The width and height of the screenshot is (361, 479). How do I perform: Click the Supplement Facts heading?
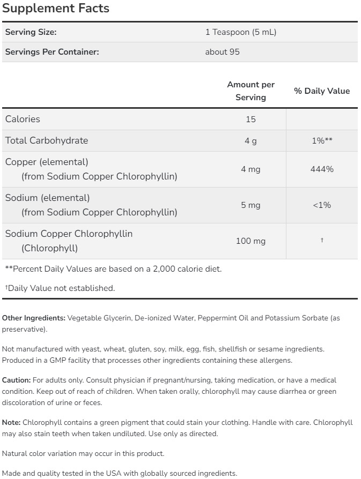coord(55,9)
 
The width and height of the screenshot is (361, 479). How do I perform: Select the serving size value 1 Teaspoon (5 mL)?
coord(240,32)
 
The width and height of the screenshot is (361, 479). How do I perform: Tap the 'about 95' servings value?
coord(222,52)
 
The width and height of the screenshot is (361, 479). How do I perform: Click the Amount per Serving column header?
coord(251,91)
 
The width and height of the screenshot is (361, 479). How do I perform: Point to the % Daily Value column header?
coord(322,91)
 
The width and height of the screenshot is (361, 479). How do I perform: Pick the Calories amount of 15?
coord(251,119)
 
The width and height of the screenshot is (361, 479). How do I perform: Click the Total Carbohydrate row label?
coord(47,140)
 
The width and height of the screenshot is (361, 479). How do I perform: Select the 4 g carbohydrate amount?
coord(251,141)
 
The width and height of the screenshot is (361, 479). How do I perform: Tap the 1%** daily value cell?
coord(322,141)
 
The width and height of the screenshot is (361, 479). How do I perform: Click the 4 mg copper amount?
coord(251,169)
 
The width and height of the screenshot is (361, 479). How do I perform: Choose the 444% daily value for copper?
coord(322,169)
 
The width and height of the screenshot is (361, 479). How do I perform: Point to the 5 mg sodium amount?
coord(251,205)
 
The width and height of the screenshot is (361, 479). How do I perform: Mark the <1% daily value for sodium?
coord(322,205)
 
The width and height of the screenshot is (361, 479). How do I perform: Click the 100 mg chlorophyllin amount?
coord(251,241)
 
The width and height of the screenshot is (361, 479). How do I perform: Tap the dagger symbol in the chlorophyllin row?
coord(322,241)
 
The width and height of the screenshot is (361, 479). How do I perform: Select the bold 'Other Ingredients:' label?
coord(34,318)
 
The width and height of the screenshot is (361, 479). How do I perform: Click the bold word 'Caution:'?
coord(16,380)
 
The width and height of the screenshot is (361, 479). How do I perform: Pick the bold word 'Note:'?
coord(11,422)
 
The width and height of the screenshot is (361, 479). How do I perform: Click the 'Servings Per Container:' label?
coord(52,52)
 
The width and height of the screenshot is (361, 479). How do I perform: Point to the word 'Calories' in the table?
coord(23,119)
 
